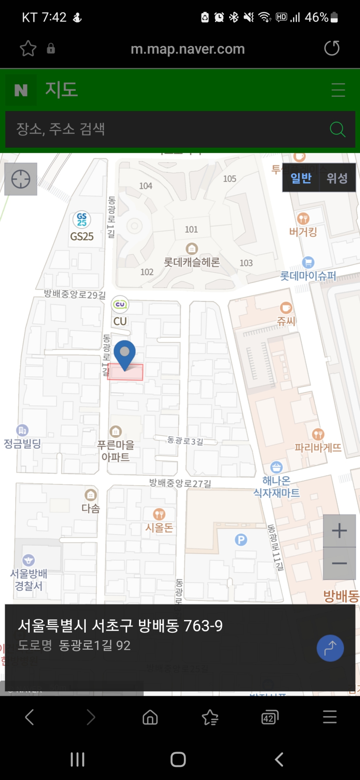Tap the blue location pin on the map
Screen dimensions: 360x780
pos(125,353)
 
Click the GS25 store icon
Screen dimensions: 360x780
pos(82,219)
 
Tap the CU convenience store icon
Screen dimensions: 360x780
pos(120,304)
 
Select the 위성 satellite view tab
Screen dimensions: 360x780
pos(337,178)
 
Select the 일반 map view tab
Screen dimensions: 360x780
pos(301,178)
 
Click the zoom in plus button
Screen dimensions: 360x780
pos(339,531)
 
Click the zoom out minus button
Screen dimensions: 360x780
pos(339,563)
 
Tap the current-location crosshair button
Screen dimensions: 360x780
pos(21,179)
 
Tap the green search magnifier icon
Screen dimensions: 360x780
pos(337,129)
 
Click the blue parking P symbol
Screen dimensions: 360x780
pos(241,539)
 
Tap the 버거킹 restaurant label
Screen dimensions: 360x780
pos(303,232)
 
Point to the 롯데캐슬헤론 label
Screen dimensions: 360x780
pos(192,262)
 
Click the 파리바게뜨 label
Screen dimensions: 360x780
pos(318,448)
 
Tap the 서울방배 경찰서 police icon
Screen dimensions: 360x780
pos(29,560)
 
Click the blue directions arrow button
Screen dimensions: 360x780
pos(330,648)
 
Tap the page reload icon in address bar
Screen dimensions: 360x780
pos(331,48)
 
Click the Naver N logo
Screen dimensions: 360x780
pos(21,90)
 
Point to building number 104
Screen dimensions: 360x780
pos(146,186)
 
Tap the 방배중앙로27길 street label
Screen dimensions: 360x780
pos(180,483)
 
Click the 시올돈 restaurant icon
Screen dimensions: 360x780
pos(159,514)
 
